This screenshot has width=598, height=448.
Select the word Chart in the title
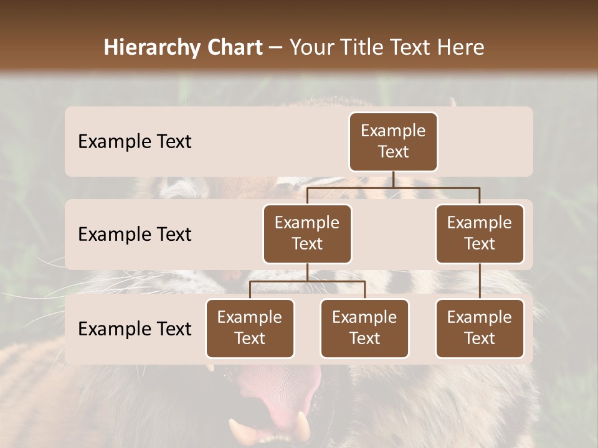point(231,47)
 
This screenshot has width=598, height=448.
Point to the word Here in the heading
point(462,47)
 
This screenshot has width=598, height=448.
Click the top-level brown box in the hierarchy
point(393,141)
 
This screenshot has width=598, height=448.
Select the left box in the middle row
point(307,233)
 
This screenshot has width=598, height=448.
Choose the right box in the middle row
point(480,233)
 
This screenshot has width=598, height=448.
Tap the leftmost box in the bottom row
point(250,328)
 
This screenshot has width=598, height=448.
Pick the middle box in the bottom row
point(364,328)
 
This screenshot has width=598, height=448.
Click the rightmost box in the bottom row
point(480,328)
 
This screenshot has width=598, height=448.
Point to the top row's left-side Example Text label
point(135,141)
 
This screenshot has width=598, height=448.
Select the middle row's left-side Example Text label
point(135,234)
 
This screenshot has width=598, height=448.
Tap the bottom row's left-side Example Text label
point(135,329)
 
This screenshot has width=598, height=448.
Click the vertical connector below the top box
point(393,179)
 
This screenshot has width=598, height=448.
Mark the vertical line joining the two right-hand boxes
point(480,281)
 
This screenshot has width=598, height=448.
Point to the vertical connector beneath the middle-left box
point(307,272)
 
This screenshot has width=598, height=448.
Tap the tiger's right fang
point(303,426)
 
